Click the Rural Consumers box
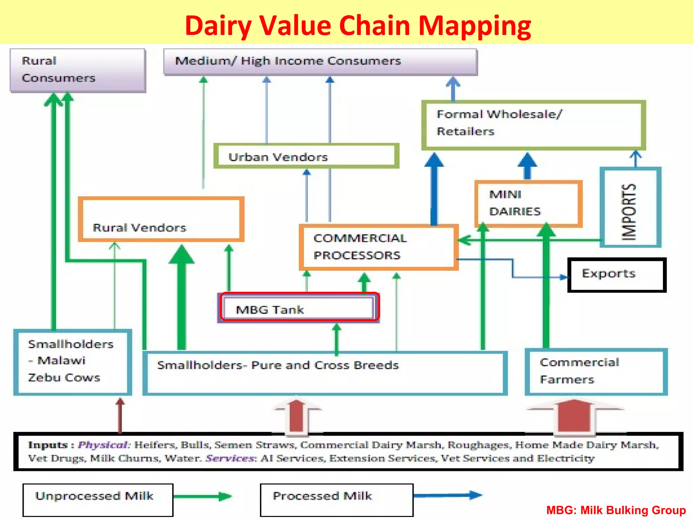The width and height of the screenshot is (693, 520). click(78, 70)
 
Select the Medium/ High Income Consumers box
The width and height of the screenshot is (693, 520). click(320, 61)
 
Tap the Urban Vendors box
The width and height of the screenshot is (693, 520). click(306, 156)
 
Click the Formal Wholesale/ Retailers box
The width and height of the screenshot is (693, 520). click(533, 125)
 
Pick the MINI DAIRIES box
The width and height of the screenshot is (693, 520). click(528, 203)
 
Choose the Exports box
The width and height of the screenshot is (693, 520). click(617, 274)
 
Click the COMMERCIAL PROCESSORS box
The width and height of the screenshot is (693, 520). click(378, 247)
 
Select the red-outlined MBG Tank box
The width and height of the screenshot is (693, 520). click(299, 307)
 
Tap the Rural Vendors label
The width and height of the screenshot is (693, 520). click(139, 227)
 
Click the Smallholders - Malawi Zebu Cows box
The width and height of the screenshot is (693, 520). click(72, 362)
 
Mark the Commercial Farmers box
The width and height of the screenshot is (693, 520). click(596, 371)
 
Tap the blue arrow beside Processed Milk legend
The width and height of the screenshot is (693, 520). click(447, 495)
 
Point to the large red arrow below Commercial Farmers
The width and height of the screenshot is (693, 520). click(574, 416)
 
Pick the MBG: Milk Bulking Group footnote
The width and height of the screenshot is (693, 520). click(616, 510)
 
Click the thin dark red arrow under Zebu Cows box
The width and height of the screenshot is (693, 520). click(120, 416)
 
